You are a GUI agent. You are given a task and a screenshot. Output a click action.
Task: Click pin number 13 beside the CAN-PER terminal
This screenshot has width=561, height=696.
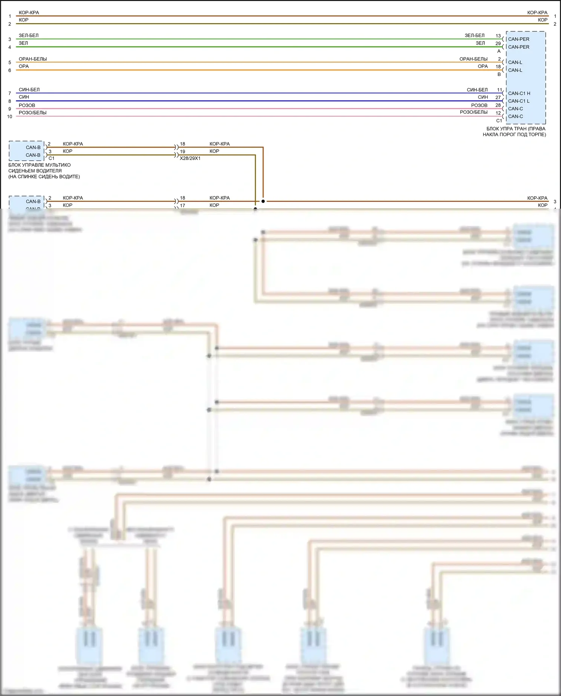pos(498,36)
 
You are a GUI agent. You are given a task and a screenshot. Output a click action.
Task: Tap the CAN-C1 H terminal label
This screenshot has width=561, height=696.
pos(519,93)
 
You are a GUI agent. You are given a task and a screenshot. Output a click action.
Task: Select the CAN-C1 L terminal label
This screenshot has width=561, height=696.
pos(518,101)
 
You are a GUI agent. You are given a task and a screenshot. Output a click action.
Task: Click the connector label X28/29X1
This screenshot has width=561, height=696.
pos(190,158)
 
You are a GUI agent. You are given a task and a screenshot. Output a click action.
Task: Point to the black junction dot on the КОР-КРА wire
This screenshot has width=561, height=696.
pos(263,201)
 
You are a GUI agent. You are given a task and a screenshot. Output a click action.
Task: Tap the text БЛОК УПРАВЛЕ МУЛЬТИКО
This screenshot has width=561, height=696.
pos(39,165)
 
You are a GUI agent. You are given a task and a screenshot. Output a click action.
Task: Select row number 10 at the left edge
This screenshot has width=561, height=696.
pos(10,116)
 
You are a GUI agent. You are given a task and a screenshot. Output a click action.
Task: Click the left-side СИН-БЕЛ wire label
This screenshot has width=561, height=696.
pos(29,90)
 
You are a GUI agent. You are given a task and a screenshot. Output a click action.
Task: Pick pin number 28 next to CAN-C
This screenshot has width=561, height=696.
pos(498,105)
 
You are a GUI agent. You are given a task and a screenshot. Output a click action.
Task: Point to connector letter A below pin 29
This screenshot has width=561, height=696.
pos(499,51)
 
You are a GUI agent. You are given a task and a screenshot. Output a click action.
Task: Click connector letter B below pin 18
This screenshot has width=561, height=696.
pos(499,74)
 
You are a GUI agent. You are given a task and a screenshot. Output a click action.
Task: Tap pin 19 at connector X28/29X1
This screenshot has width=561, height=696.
pos(183,151)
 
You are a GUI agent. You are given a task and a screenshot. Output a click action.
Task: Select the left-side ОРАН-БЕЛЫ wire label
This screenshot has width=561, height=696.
pos(33,59)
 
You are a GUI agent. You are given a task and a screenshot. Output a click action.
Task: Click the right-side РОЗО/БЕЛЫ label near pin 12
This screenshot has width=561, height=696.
pos(473,112)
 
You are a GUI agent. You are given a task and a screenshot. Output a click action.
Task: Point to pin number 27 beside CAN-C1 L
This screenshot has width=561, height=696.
pos(498,97)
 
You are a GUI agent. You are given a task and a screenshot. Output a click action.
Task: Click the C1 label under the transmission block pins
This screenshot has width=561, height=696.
pos(499,121)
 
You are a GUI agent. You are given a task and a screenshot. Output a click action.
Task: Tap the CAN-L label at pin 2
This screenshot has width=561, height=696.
pos(515,62)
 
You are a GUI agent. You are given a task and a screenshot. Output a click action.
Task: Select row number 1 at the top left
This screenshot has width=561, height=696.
pos(10,16)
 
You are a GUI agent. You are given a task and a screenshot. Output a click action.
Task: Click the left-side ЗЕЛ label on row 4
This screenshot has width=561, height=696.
pos(23,43)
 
